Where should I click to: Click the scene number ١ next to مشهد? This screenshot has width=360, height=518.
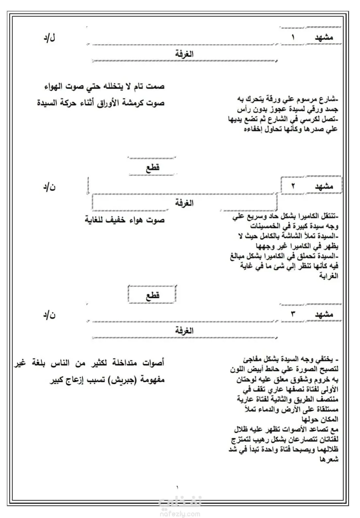pos(294,37)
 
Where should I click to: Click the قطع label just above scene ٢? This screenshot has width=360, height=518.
pos(153,168)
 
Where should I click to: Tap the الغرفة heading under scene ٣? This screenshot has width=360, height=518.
pos(184,331)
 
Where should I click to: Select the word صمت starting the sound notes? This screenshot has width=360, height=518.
pos(156,87)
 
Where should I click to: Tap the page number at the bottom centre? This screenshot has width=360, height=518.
pos(177,487)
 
